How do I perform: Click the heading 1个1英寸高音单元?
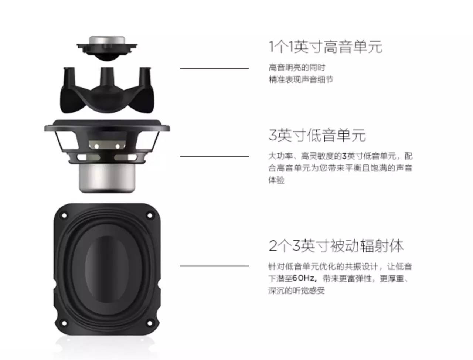point(326,47)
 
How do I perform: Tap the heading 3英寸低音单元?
point(317,135)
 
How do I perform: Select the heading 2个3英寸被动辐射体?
point(336,246)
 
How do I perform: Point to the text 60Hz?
point(304,278)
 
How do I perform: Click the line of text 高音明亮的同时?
point(297,68)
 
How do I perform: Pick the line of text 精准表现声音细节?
point(301,79)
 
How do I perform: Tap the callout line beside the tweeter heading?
point(214,68)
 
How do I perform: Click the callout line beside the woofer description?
point(214,156)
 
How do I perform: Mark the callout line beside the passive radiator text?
point(214,266)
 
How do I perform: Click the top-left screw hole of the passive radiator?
point(64,215)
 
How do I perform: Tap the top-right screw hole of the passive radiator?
point(150,215)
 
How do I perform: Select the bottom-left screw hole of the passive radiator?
point(64,323)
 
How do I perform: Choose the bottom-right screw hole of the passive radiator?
point(150,323)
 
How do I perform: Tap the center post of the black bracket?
point(107,77)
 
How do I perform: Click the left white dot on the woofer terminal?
point(96,146)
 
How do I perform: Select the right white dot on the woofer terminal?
point(118,146)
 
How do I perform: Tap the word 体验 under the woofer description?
point(276,180)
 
